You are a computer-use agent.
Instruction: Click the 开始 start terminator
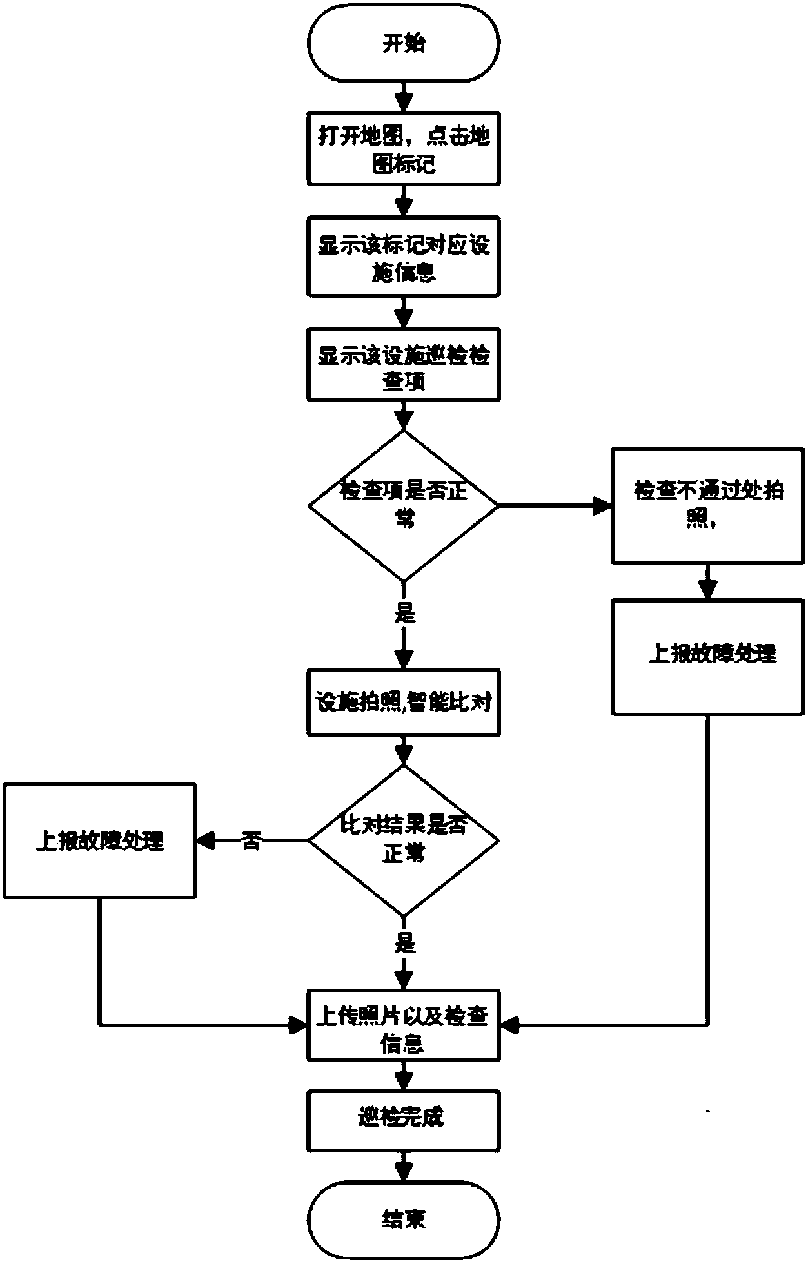[x=404, y=44]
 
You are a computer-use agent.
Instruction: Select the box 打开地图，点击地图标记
[x=404, y=149]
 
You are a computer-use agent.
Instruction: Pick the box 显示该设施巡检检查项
[x=404, y=365]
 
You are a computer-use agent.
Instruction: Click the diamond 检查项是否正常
[x=404, y=505]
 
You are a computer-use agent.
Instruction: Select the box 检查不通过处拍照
[x=707, y=505]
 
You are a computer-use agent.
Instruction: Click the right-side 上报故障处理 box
[x=707, y=657]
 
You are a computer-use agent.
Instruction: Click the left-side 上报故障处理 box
[x=100, y=840]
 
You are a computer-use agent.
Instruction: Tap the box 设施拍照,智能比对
[x=404, y=702]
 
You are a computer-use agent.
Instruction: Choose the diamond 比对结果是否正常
[x=404, y=840]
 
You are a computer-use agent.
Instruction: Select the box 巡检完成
[x=404, y=1121]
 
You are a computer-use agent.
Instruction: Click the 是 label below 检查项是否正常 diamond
[x=404, y=613]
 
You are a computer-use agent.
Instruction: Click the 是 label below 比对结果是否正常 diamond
[x=404, y=944]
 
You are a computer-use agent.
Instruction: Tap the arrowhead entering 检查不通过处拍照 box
[x=602, y=505]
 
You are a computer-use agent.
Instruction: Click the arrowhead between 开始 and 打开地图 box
[x=404, y=102]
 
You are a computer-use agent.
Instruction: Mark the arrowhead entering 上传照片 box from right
[x=509, y=1025]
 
